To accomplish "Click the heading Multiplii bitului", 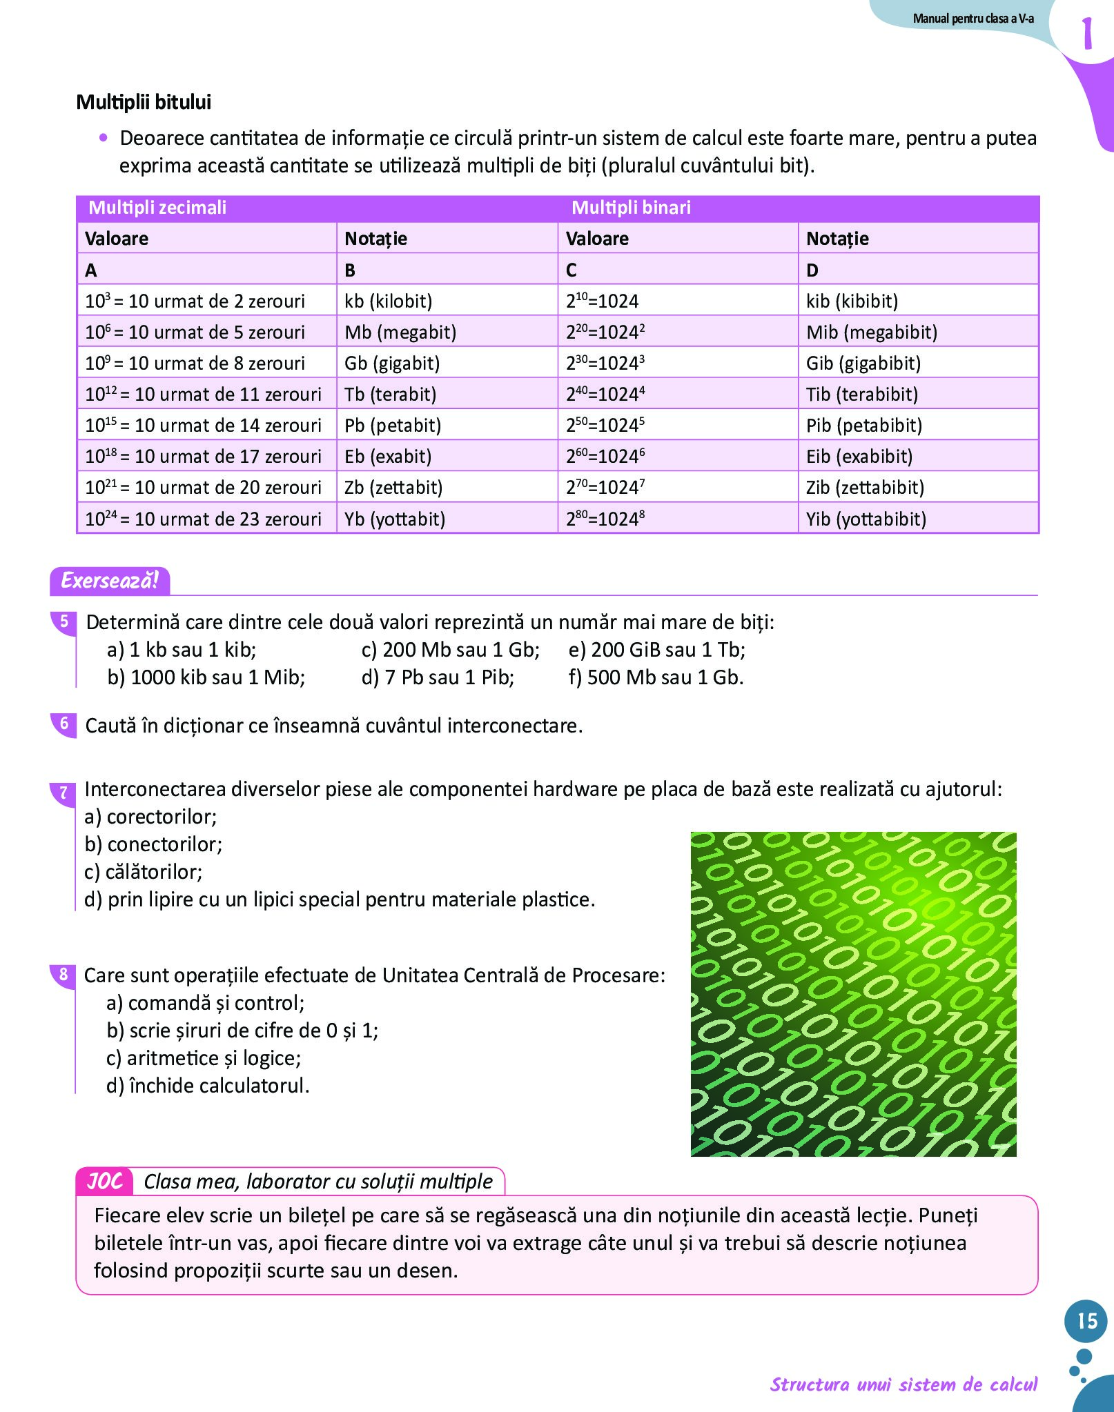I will point(144,102).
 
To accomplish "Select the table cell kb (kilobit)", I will point(389,301).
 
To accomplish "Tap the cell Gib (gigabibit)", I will point(863,363).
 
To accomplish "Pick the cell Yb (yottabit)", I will point(395,519).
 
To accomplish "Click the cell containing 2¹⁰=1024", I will point(603,301).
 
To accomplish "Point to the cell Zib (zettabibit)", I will point(865,488).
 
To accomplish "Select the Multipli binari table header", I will point(631,208).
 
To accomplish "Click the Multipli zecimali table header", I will point(157,208).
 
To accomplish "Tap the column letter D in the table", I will point(812,270).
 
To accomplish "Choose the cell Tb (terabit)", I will point(391,395).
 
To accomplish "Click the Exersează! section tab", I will point(110,581).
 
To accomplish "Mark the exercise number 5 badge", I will point(64,622).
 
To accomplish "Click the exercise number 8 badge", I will point(63,975).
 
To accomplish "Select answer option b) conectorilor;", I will point(153,844).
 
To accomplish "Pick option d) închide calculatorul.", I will point(208,1086).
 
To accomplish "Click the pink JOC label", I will point(105,1181).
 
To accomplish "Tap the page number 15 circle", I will point(1086,1320).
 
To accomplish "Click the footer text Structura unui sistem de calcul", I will point(903,1384).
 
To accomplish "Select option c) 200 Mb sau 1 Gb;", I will point(450,650).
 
